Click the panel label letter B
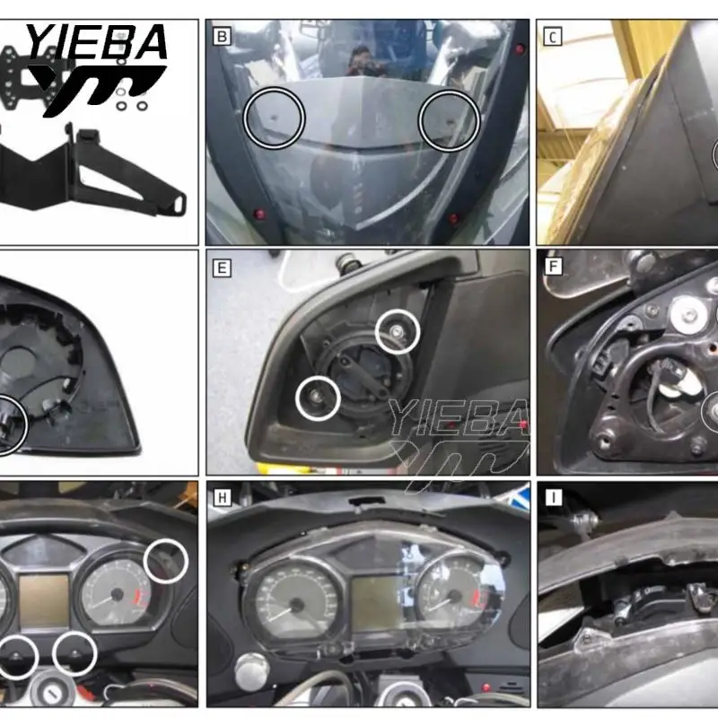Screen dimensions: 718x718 click(x=222, y=36)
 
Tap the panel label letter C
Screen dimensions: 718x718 click(x=553, y=37)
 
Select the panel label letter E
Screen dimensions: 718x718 click(x=222, y=267)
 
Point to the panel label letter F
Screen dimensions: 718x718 click(x=553, y=267)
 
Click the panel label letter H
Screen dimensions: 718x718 click(x=223, y=497)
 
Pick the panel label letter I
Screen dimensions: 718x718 click(x=553, y=497)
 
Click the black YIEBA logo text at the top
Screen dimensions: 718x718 click(x=97, y=41)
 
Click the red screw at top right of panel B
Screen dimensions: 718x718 click(x=520, y=49)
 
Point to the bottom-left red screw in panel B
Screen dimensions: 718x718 click(x=259, y=214)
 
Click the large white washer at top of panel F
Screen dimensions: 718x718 click(x=688, y=316)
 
